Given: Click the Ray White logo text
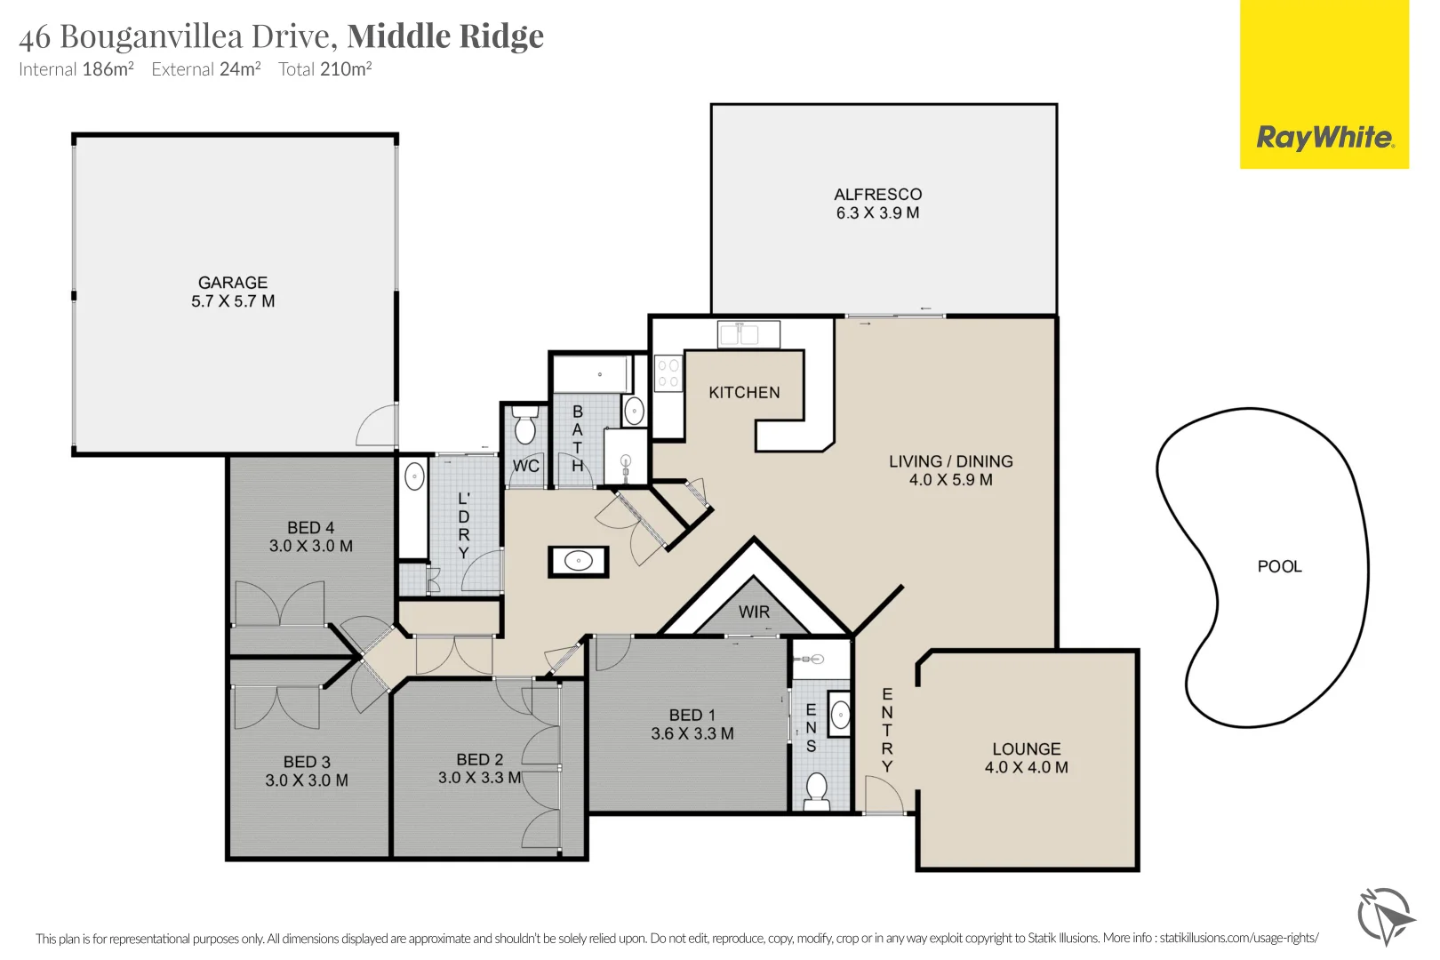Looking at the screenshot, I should click(1324, 138).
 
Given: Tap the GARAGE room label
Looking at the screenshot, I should click(233, 283).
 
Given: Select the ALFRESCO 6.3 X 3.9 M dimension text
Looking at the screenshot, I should click(877, 213).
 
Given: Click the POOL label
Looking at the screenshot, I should click(1279, 566).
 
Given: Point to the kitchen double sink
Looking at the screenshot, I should click(748, 334).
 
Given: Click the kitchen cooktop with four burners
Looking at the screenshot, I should click(668, 373).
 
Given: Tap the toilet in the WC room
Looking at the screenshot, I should click(525, 428).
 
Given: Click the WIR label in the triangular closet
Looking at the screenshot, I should click(754, 612).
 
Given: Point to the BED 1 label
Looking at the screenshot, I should click(692, 715).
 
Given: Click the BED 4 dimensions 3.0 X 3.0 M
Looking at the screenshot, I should click(311, 546).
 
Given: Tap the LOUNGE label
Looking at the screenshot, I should click(1027, 748).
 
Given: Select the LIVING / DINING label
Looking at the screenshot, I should click(950, 461).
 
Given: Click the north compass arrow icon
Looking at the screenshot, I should click(1385, 916).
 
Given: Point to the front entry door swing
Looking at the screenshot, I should click(880, 794).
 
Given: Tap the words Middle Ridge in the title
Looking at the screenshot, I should click(445, 36).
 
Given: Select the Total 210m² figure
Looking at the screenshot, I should click(324, 69).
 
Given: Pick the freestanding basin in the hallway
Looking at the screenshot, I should click(579, 561).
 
